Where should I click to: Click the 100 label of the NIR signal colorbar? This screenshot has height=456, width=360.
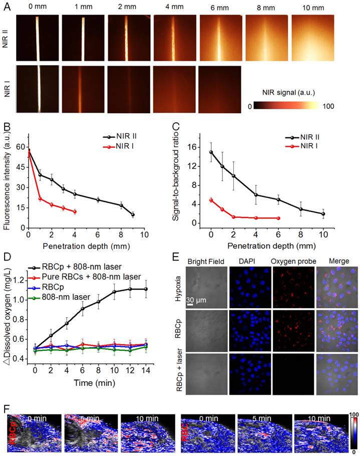pos(327,107)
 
